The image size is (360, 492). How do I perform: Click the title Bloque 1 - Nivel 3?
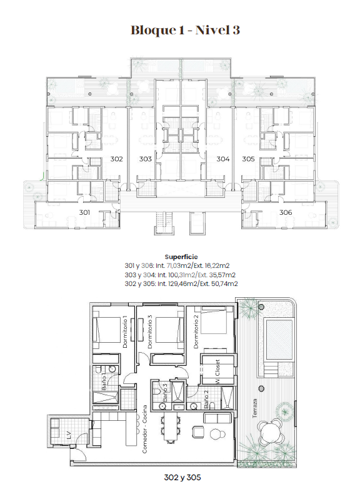[186, 31]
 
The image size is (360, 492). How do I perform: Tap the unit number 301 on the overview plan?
[84, 212]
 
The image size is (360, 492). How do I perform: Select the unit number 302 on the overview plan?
[116, 159]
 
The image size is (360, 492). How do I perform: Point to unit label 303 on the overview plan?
[146, 159]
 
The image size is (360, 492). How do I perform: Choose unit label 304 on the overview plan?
[223, 159]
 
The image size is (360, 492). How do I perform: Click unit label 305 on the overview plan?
[248, 159]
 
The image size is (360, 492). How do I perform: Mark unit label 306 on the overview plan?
[286, 212]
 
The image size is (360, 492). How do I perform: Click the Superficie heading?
[181, 257]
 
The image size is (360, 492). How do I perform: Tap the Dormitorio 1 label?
[126, 332]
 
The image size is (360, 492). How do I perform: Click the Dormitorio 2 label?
[196, 332]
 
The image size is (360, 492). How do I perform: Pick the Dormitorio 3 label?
[150, 332]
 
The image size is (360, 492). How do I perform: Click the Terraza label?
[254, 408]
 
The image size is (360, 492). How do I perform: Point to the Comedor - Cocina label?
[144, 429]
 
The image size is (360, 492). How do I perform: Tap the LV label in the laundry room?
[68, 435]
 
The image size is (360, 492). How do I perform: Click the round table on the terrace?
[270, 430]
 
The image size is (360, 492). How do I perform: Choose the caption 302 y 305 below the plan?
[182, 478]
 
